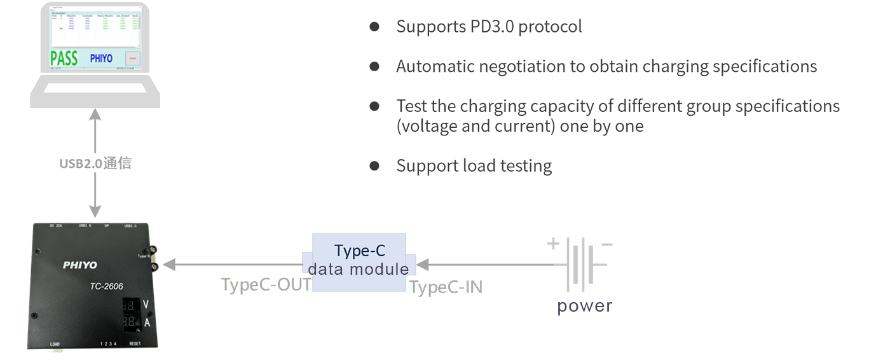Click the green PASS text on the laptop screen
64,59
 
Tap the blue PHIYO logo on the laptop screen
100,59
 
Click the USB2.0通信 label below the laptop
95,163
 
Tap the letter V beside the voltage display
146,305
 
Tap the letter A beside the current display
146,322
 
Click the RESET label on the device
135,344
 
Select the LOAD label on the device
55,344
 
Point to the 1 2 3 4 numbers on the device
109,344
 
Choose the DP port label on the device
106,225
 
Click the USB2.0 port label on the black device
84,225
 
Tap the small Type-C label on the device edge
143,256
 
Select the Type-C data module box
359,260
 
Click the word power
584,307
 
